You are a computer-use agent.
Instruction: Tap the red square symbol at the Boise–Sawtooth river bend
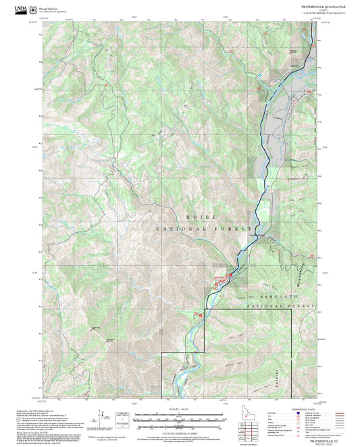(230, 275)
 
